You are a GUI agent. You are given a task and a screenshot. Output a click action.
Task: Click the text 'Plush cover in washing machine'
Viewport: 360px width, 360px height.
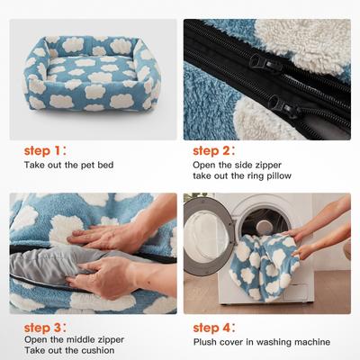pos(261,342)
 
